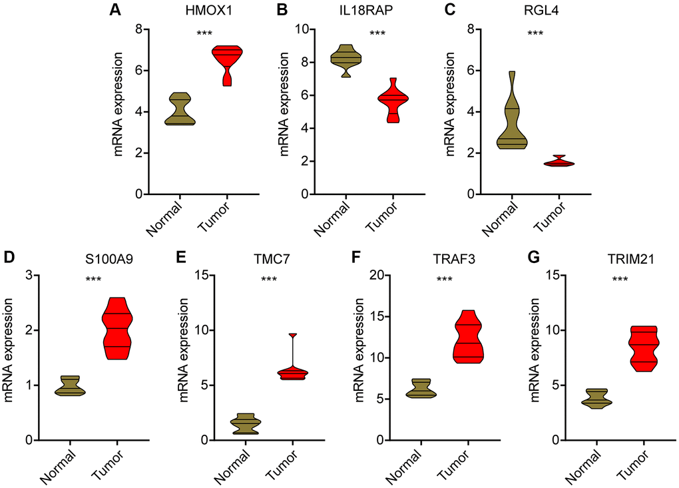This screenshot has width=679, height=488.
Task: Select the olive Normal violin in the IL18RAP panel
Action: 346,59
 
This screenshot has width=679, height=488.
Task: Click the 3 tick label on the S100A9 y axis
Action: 31,275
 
